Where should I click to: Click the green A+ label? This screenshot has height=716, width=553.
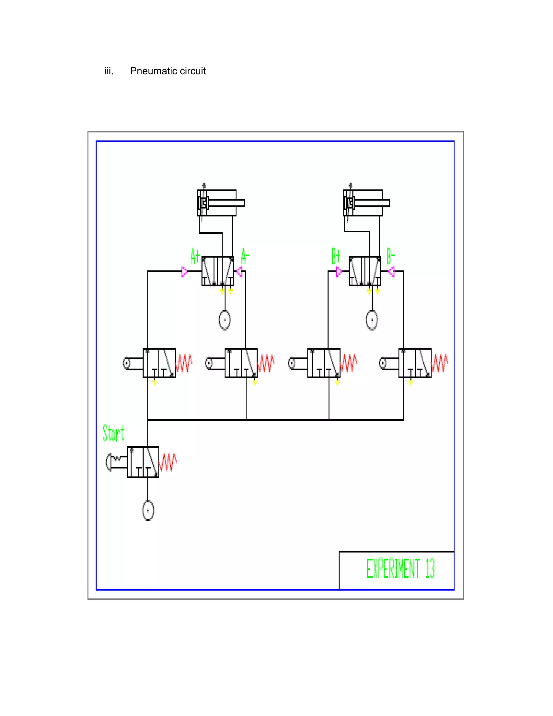(x=195, y=256)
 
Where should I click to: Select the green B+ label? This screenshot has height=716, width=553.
(x=336, y=256)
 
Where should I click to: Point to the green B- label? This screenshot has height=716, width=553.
(x=391, y=256)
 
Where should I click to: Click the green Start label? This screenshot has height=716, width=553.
(x=113, y=433)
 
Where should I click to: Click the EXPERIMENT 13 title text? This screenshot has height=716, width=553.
(x=400, y=568)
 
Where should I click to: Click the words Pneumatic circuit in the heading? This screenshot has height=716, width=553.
(x=168, y=71)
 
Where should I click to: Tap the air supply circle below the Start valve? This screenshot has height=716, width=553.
(x=148, y=510)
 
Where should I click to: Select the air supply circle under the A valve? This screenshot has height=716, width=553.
(x=225, y=320)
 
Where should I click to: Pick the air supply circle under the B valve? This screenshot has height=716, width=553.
(x=372, y=320)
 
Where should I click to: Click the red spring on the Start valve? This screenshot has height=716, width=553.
(x=168, y=462)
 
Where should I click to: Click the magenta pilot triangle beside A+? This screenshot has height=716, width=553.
(x=184, y=272)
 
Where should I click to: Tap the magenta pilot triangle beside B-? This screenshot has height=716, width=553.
(x=391, y=272)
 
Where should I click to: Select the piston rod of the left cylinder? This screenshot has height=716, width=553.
(x=226, y=203)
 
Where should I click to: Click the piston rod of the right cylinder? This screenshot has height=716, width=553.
(x=372, y=203)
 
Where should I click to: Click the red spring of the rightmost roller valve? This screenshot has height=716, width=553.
(x=440, y=363)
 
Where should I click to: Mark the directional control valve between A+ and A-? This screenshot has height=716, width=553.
(x=218, y=271)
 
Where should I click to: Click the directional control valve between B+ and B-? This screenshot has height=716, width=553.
(x=365, y=271)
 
